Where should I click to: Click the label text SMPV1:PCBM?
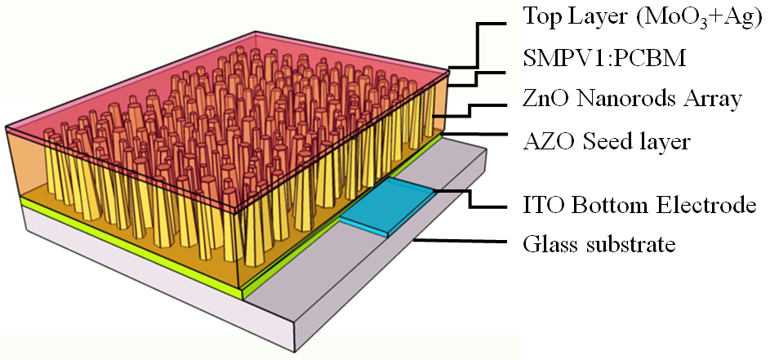pyautogui.click(x=602, y=58)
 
